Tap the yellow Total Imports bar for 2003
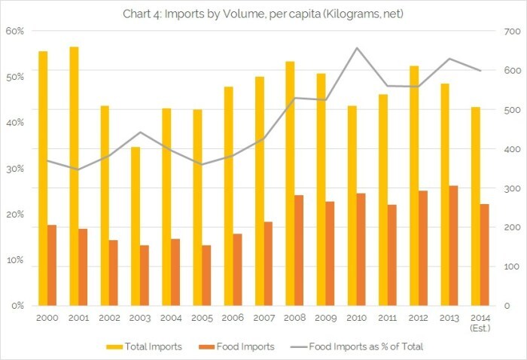136,226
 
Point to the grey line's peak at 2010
356,48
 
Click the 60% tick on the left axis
15,31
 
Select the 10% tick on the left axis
15,260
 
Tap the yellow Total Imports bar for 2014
475,206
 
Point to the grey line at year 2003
140,133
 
